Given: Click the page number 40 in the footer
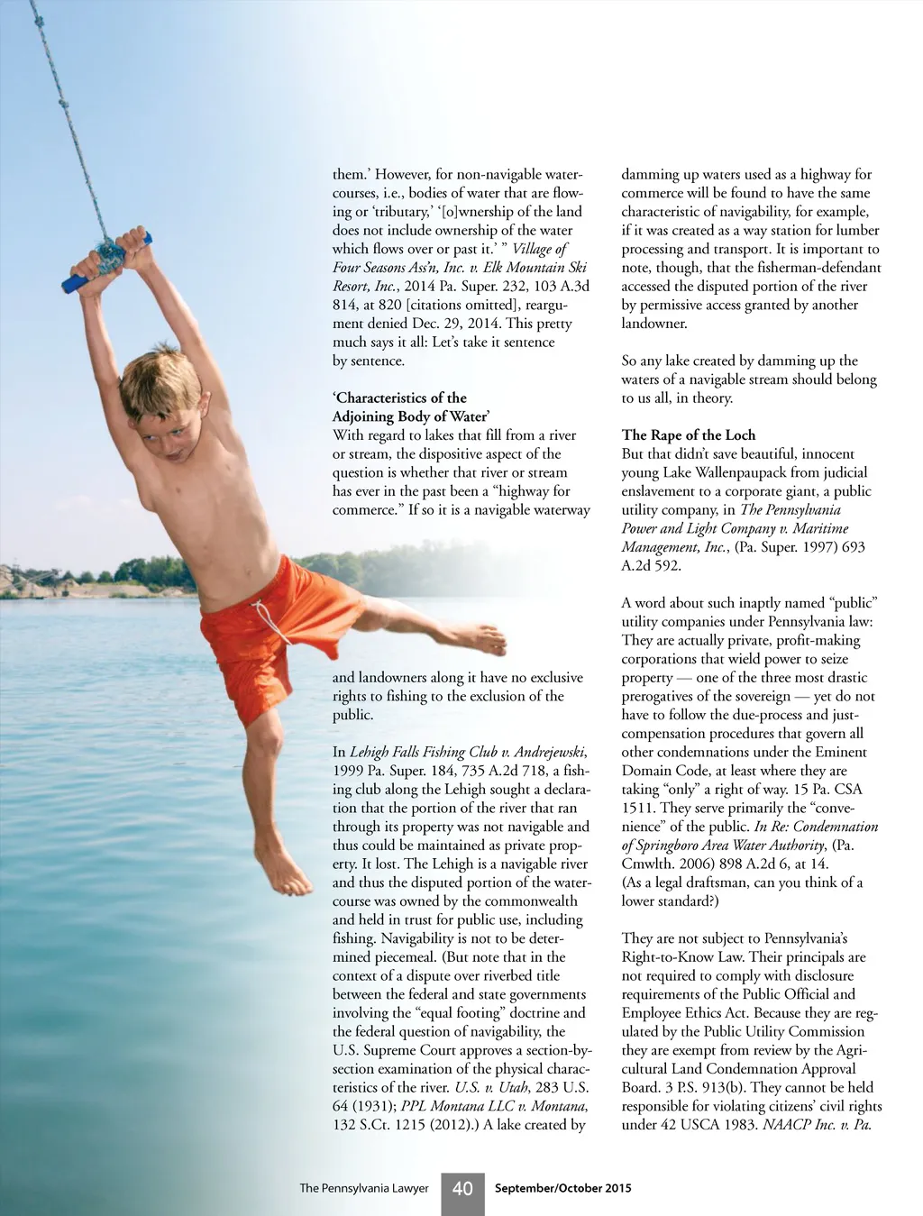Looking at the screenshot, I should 462,1189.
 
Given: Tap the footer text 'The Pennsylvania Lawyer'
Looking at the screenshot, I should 363,1189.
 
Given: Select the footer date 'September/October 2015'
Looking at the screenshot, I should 563,1188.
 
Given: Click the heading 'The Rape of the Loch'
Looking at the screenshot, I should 689,435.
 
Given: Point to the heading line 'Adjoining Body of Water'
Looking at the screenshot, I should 411,416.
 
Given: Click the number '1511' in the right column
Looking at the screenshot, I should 639,808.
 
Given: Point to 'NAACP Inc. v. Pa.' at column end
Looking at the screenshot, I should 819,1125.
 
